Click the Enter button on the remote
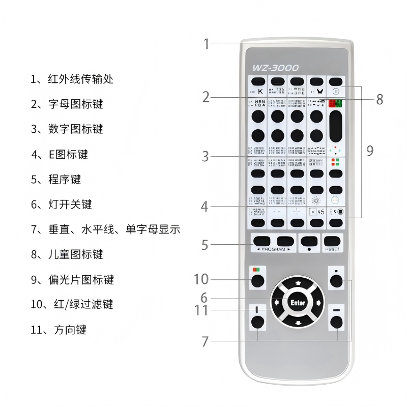pos(298,303)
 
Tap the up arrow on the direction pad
pos(298,283)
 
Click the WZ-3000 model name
pos(275,68)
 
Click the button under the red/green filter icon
pos(257,280)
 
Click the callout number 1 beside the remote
pos(206,44)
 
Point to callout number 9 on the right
pos(370,150)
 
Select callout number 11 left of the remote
pos(202,310)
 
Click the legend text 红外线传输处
pos(80,79)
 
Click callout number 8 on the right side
pos(380,100)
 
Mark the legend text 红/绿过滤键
pos(85,304)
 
